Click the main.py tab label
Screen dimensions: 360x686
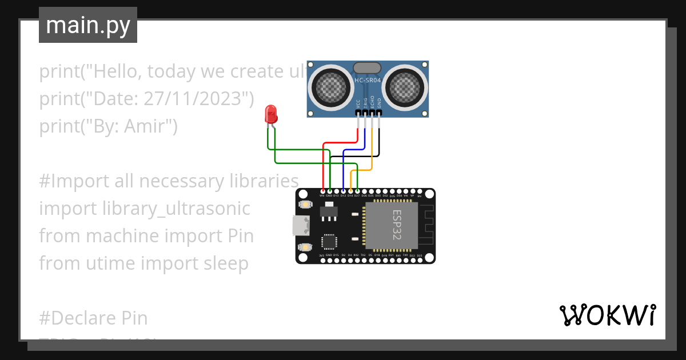point(88,25)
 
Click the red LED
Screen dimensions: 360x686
point(270,115)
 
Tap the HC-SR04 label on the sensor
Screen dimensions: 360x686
point(367,81)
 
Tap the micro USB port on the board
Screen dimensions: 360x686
point(298,226)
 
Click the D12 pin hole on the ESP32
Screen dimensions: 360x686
point(343,191)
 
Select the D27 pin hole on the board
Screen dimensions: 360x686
point(357,191)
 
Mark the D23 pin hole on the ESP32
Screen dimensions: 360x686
point(420,261)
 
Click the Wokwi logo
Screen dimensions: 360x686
point(607,315)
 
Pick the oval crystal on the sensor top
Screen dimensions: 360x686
point(367,68)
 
